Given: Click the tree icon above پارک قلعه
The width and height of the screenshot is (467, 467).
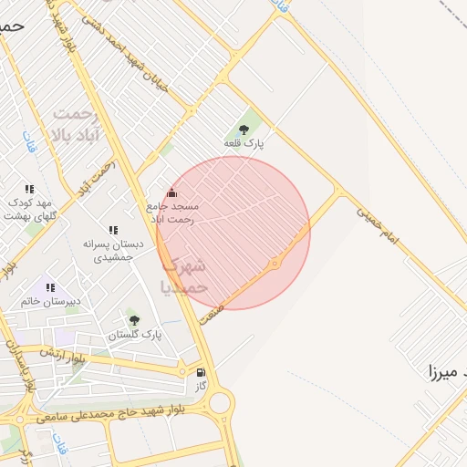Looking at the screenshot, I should click(243, 130).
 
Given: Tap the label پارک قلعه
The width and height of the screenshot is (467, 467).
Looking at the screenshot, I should click(244, 144).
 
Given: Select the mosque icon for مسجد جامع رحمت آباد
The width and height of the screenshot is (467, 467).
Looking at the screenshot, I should click(171, 192).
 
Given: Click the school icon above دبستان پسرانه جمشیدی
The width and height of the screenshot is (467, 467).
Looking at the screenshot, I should click(113, 231).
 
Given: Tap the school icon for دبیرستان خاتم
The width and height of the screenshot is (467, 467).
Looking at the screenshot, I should click(50, 287).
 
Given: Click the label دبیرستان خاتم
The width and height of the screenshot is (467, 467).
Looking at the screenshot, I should click(51, 301).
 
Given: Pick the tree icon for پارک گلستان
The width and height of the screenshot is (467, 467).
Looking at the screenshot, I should click(135, 320).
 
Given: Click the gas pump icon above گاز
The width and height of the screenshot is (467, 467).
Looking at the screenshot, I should click(201, 372).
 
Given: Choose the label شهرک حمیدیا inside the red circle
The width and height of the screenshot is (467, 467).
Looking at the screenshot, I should click(186, 275).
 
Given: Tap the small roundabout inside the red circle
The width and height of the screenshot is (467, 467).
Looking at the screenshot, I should click(275, 264).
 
